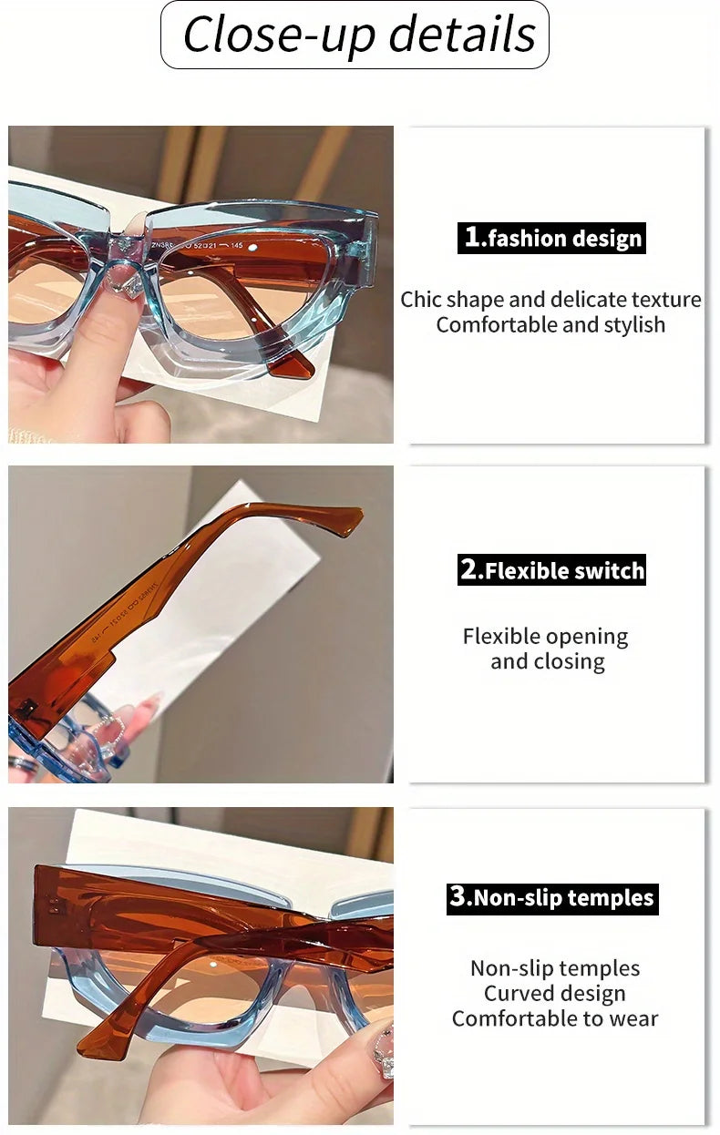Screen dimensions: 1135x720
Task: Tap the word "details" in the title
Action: pos(462,35)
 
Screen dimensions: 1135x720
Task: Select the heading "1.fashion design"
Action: pos(553,239)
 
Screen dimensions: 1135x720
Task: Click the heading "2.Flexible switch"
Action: pos(553,570)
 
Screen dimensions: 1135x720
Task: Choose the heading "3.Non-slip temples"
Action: pos(552,897)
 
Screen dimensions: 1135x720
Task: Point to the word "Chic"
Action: pos(420,300)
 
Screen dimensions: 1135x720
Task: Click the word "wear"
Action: pos(633,1019)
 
